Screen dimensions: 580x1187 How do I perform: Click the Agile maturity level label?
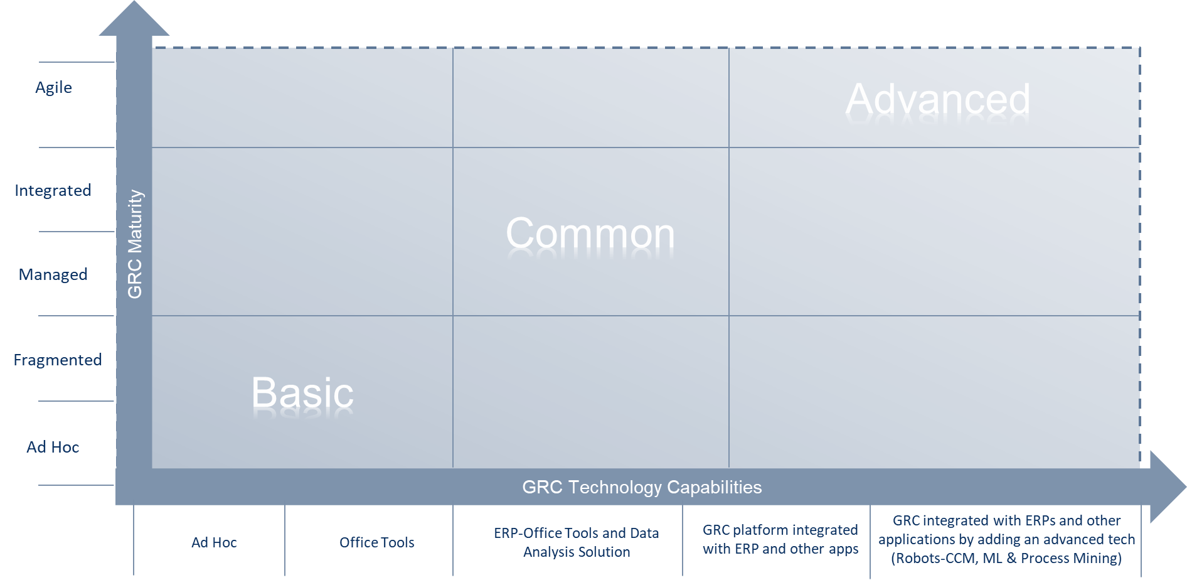pos(53,87)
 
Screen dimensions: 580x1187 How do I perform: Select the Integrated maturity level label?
pos(53,190)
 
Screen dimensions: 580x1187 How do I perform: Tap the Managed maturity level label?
pos(53,274)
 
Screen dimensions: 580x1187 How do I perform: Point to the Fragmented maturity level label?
pos(58,360)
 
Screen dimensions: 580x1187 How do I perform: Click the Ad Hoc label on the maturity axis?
pos(53,447)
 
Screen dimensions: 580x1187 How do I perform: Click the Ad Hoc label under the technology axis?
pos(214,542)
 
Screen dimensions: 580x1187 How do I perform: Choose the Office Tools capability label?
pos(376,542)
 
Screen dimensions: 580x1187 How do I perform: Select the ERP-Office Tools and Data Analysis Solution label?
pos(577,542)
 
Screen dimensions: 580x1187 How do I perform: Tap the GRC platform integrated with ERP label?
pos(780,539)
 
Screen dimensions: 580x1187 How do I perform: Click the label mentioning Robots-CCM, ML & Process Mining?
pos(1006,539)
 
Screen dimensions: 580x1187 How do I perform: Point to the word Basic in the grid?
pos(302,394)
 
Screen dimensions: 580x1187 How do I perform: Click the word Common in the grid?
pos(590,234)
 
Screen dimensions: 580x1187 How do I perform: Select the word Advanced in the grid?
pos(937,99)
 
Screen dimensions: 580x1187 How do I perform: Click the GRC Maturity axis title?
pos(135,244)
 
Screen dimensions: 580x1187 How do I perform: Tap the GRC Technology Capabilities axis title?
pos(642,487)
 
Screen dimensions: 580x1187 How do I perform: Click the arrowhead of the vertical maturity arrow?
pos(134,19)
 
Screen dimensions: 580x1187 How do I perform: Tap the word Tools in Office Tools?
pos(398,542)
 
